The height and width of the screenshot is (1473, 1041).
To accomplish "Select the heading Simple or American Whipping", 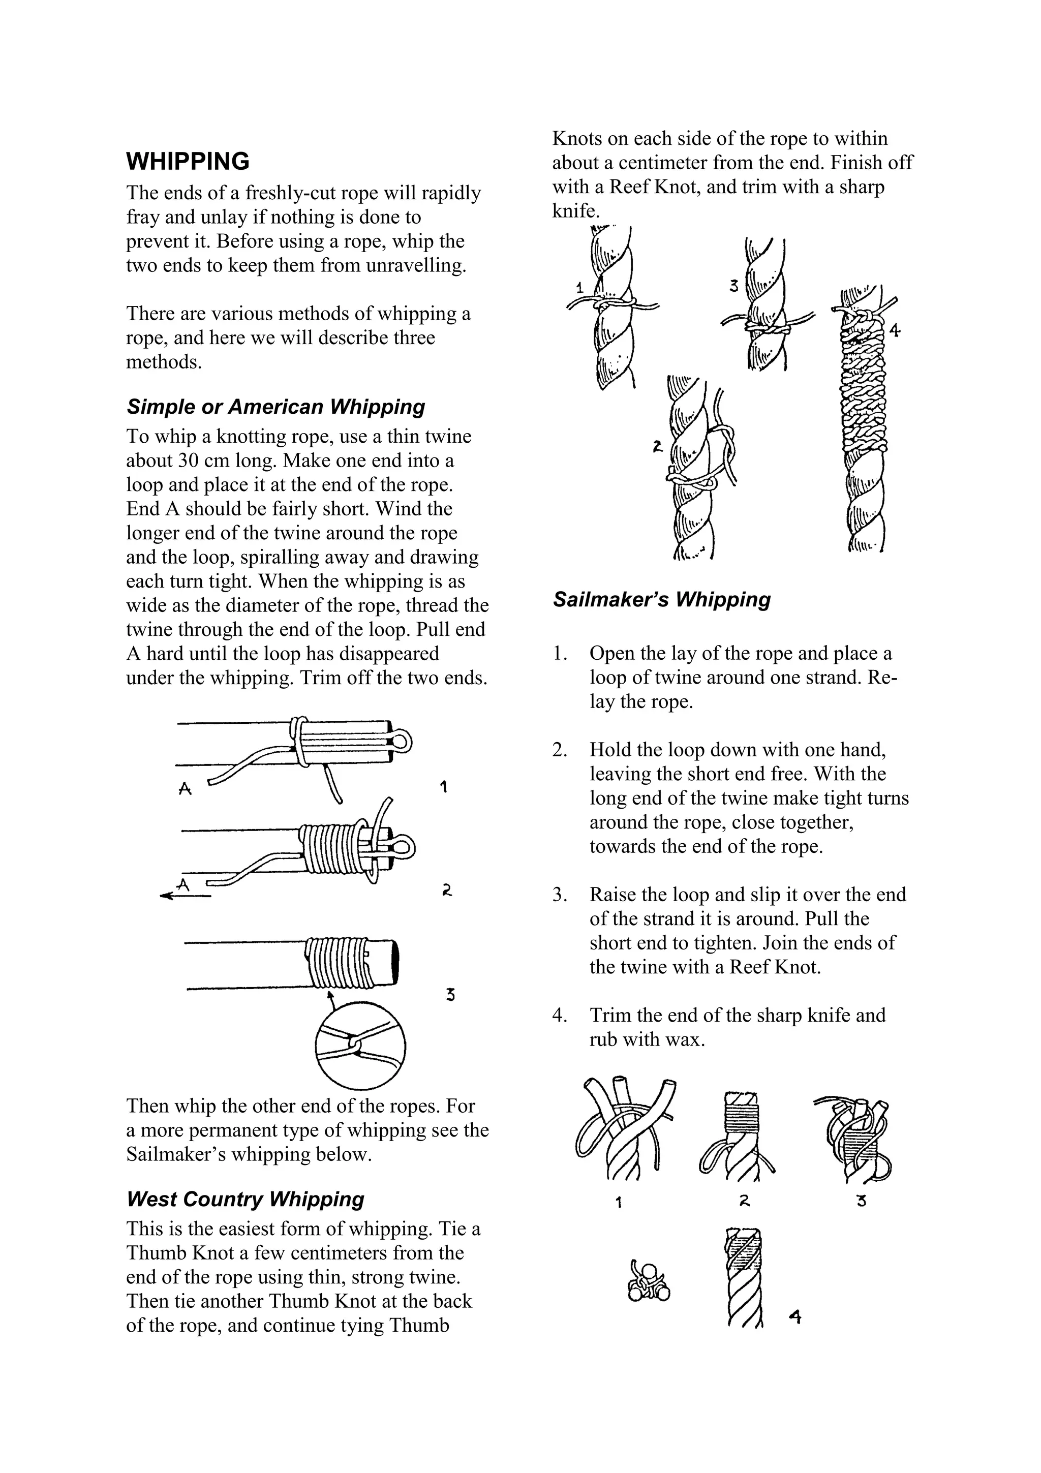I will [276, 407].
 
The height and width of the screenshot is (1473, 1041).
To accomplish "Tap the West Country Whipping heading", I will [245, 1199].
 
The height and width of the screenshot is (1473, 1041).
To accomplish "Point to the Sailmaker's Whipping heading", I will [661, 599].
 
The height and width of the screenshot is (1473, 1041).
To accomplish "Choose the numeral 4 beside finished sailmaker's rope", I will [795, 1318].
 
